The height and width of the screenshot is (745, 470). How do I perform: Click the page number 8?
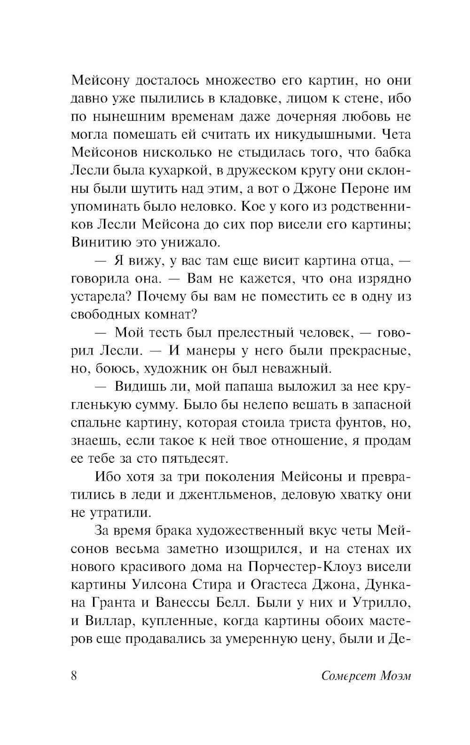tap(74, 676)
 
